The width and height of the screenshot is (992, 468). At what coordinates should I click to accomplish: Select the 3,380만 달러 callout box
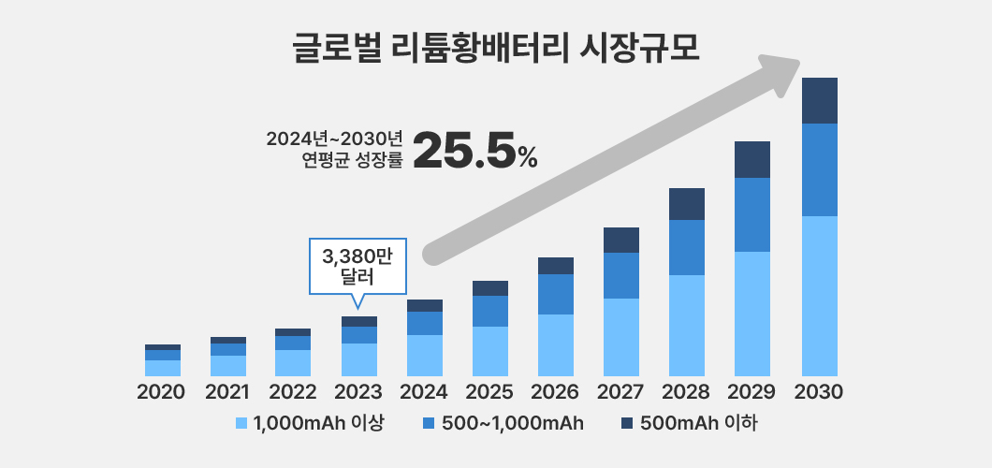point(357,266)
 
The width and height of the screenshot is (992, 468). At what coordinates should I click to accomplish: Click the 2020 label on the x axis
point(162,392)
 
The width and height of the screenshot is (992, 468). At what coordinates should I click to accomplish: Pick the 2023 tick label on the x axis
point(358,392)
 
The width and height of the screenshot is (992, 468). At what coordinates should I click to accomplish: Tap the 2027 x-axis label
point(621,392)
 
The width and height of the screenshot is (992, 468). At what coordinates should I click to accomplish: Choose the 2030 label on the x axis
point(819,392)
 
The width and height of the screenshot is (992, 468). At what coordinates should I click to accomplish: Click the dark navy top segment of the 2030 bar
point(819,100)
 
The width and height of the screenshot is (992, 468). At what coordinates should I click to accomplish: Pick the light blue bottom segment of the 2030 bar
point(819,295)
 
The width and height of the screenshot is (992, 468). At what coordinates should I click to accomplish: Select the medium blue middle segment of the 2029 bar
point(752,214)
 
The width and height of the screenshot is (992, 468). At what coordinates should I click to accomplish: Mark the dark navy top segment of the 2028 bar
point(687,204)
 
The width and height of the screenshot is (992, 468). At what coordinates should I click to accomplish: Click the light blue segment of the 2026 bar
point(556,344)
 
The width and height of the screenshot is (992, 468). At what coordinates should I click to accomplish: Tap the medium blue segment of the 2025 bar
point(490,311)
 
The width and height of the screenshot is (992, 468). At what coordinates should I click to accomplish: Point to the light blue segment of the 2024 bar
point(425,355)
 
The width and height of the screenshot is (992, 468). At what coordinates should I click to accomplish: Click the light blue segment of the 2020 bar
point(162,368)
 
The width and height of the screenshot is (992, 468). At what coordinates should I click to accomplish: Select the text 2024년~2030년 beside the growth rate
point(334,139)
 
